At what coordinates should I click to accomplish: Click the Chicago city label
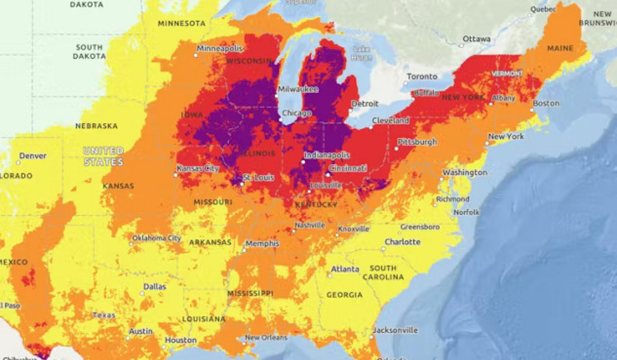[297, 113]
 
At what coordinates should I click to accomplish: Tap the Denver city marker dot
[18, 163]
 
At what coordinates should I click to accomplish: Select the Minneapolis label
[219, 49]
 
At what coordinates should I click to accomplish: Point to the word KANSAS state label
[118, 186]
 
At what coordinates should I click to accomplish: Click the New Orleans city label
[266, 338]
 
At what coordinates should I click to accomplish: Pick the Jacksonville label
[395, 330]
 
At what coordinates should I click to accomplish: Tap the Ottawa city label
[476, 39]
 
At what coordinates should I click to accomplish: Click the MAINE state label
[560, 48]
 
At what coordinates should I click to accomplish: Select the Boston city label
[546, 103]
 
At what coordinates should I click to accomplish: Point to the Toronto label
[422, 77]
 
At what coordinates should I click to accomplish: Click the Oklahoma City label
[156, 238]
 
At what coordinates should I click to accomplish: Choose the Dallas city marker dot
[142, 293]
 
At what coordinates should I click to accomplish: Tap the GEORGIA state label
[344, 295]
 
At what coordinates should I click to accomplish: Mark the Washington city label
[465, 173]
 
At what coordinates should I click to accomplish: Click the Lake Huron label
[361, 53]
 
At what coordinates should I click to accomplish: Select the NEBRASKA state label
[96, 126]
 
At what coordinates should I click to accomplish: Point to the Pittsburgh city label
[417, 142]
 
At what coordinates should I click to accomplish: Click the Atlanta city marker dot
[330, 275]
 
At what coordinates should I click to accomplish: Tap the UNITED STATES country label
[104, 156]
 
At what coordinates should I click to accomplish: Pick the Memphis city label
[262, 243]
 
